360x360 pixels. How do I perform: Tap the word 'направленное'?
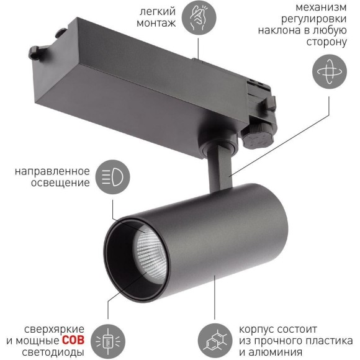click(56, 171)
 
